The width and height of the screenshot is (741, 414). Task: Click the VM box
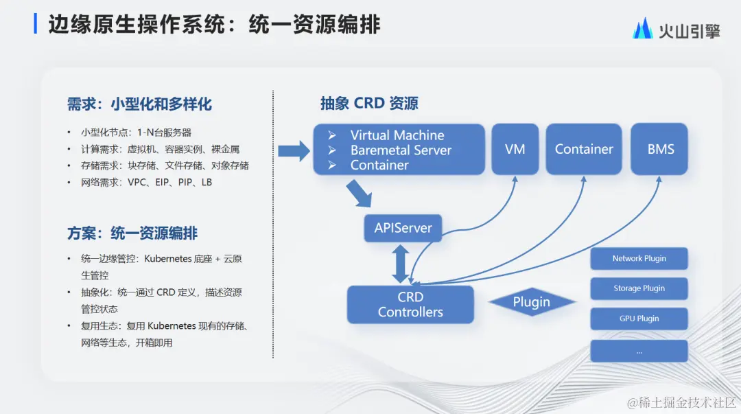515,149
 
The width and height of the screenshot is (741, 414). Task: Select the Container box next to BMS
584,149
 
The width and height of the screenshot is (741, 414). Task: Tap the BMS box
660,149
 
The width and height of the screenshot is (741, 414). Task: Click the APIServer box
403,228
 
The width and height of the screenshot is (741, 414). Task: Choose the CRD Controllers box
410,305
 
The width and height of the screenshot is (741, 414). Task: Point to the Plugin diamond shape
532,302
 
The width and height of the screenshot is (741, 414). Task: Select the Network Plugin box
639,259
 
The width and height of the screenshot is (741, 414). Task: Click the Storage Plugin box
639,288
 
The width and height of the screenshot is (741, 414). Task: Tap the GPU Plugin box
639,319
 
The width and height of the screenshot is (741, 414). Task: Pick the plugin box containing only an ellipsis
639,351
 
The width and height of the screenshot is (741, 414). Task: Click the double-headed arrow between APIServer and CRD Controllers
401,264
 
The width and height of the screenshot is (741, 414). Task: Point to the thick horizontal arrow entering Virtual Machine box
294,150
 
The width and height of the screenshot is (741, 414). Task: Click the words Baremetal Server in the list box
401,150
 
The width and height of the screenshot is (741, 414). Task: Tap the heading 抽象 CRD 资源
369,104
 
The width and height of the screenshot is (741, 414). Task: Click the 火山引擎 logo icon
643,29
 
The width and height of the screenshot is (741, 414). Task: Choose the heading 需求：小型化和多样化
139,104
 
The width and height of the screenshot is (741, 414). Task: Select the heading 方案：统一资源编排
132,233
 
